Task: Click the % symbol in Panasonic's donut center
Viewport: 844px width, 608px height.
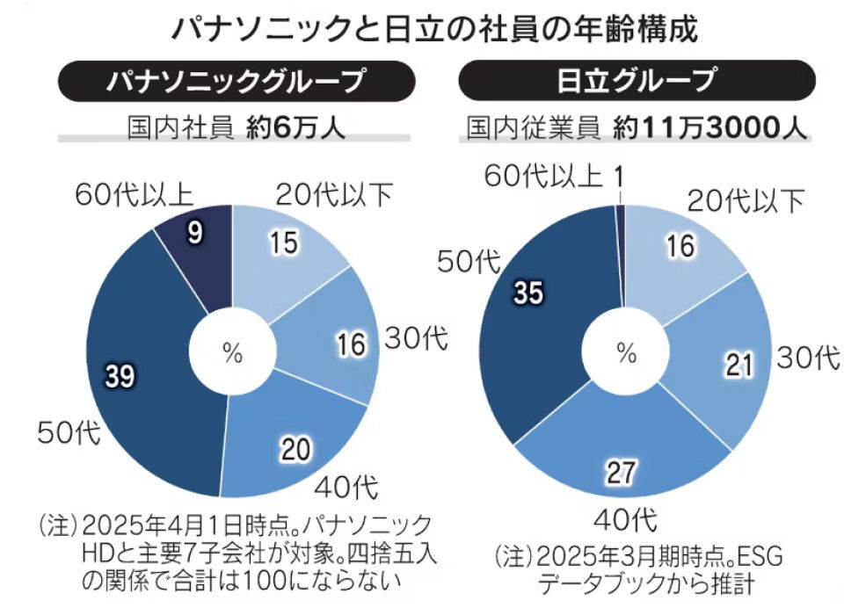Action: point(232,353)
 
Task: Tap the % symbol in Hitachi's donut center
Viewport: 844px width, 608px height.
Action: point(625,353)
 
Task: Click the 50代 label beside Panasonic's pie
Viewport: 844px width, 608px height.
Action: point(68,431)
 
